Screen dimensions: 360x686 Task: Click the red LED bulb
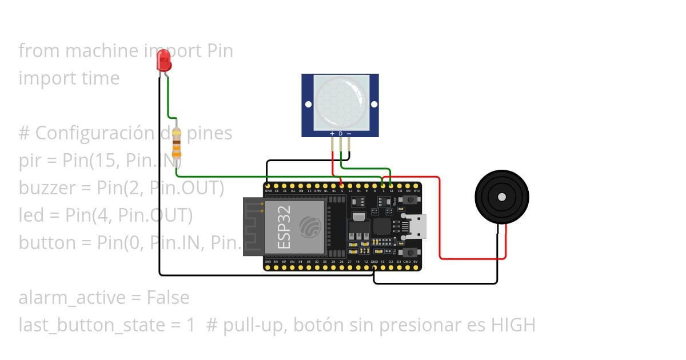(164, 59)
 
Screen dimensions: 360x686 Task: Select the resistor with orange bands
(177, 143)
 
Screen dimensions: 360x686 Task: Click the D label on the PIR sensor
(340, 134)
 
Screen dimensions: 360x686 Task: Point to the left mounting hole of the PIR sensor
(308, 105)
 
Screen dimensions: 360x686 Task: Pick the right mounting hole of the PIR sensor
(374, 105)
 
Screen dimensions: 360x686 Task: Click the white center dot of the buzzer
(502, 197)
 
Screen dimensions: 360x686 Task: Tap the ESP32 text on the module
(285, 226)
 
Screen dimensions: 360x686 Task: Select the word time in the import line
(101, 78)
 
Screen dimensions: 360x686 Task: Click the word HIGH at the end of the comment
(513, 325)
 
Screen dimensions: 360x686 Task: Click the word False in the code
(167, 298)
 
